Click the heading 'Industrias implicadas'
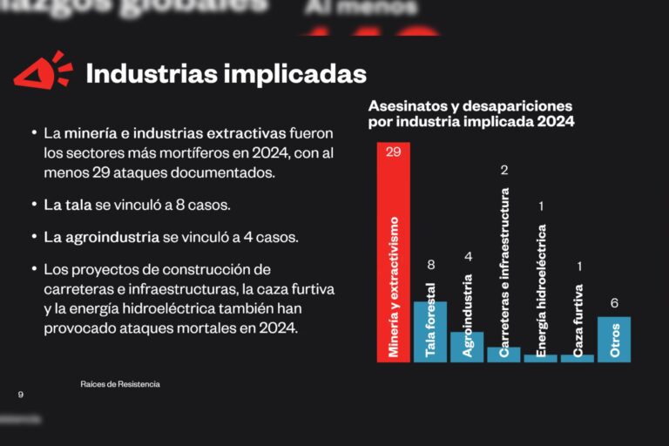click(x=226, y=74)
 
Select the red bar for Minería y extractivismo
click(x=393, y=253)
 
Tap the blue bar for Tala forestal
click(x=429, y=331)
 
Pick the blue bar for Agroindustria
click(x=467, y=346)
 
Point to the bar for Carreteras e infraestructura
click(x=503, y=354)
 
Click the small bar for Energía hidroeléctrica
click(x=541, y=357)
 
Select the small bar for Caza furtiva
click(x=578, y=357)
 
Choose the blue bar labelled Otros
click(x=614, y=339)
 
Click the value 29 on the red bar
click(x=393, y=152)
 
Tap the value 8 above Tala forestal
click(x=430, y=265)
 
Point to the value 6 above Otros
click(x=614, y=303)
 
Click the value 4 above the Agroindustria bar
click(x=468, y=256)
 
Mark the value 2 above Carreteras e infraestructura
click(x=504, y=169)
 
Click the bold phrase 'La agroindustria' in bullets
click(x=102, y=237)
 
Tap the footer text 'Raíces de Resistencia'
click(x=120, y=384)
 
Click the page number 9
click(x=20, y=395)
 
